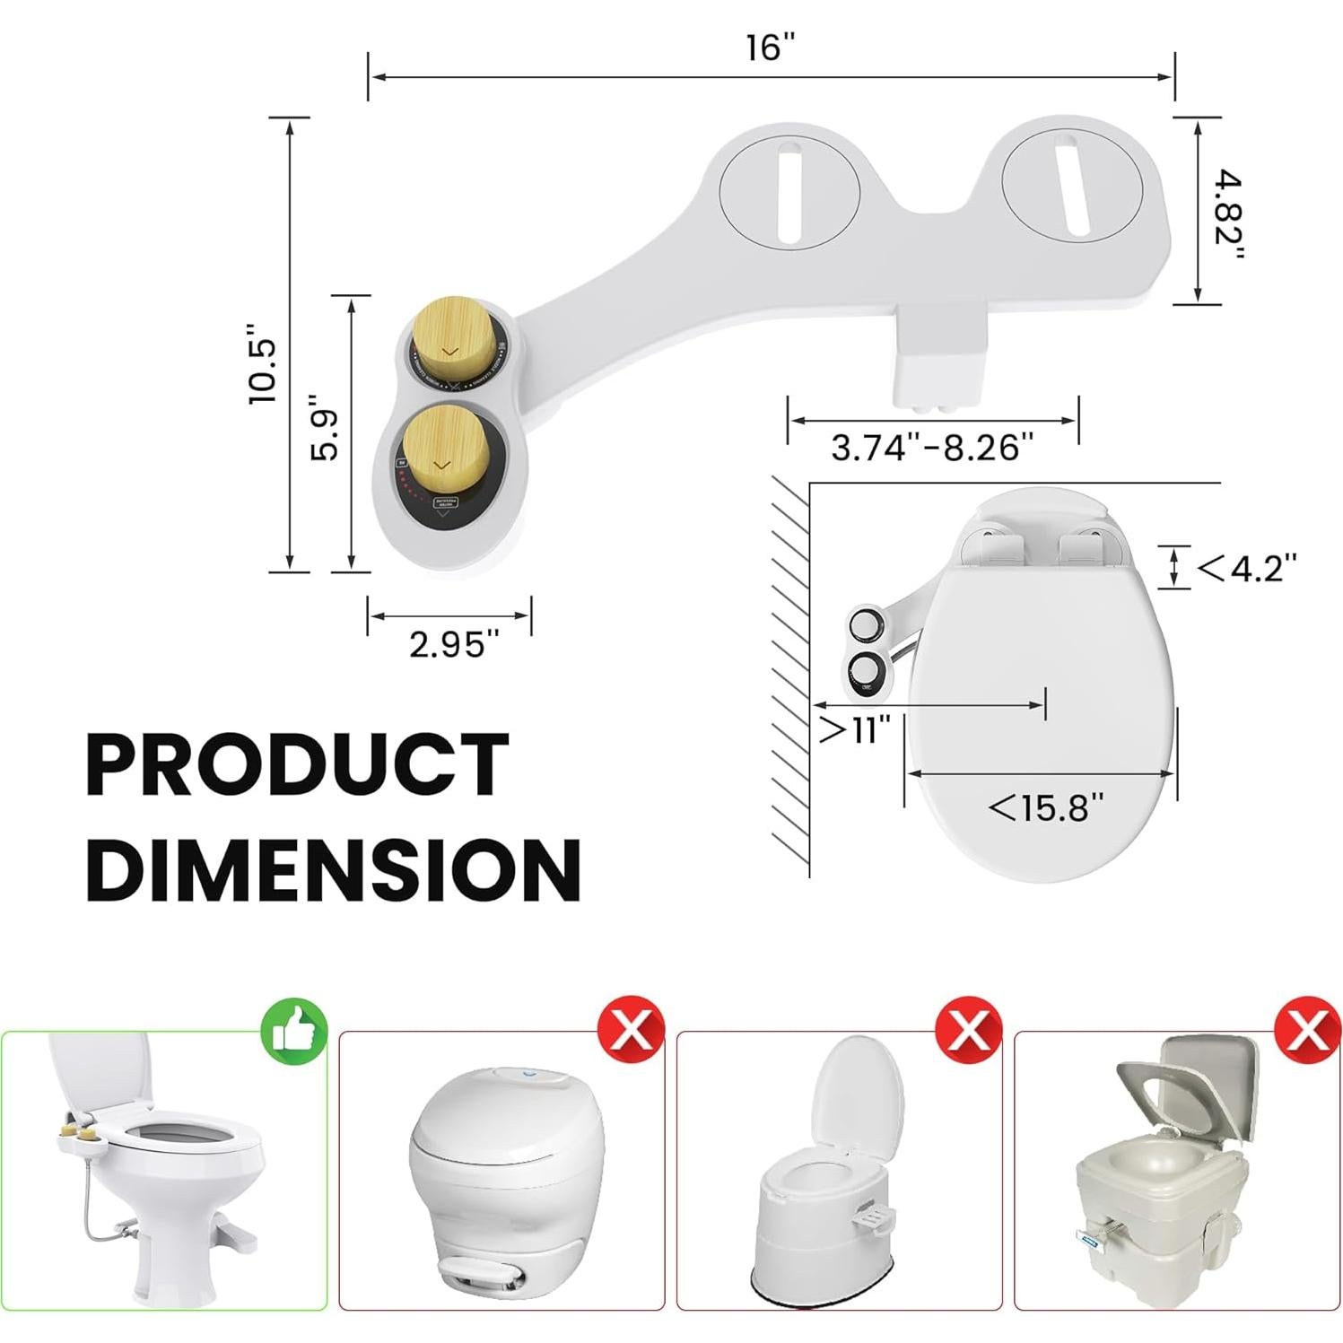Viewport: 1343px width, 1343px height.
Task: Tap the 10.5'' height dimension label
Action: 264,365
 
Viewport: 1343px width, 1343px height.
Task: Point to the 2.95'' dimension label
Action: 453,643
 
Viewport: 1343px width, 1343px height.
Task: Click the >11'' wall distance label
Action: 855,730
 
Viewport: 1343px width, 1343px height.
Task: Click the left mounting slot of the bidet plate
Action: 790,191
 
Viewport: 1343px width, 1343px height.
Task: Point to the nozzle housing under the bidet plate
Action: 938,367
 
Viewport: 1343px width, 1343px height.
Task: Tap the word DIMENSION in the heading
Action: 334,868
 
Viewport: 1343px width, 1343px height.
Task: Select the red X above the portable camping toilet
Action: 1306,1028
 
